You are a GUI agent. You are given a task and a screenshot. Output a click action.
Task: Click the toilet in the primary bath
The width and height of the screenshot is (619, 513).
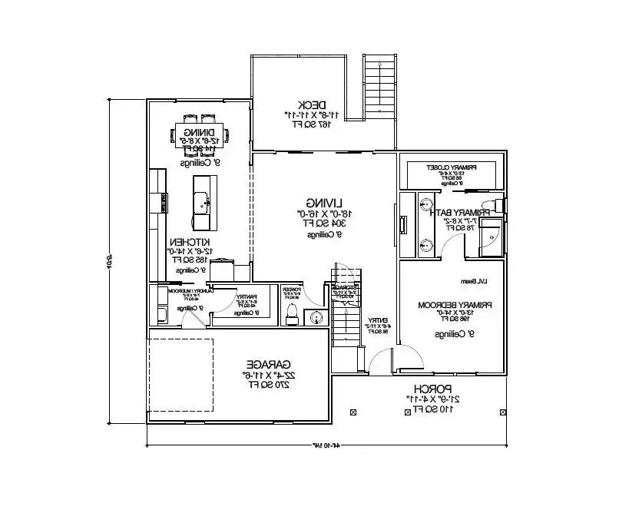[x=498, y=204]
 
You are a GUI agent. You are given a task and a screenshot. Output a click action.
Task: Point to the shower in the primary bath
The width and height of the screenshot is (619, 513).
[x=489, y=237]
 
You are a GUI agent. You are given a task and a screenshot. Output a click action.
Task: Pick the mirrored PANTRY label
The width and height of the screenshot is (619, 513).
[x=246, y=296]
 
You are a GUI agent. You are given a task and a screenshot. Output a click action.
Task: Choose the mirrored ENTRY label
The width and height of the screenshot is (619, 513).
[x=377, y=320]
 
